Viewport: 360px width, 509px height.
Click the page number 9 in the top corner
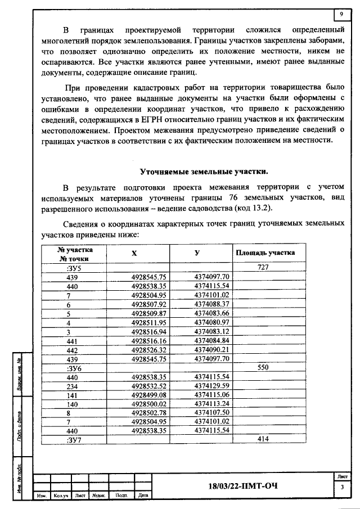341,14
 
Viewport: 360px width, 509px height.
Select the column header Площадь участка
264,253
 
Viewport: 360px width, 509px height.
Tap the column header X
134,254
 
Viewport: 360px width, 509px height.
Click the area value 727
264,268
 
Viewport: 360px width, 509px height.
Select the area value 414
264,439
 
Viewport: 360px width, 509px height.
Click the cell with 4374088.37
212,304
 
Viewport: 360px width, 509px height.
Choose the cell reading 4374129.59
212,385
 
